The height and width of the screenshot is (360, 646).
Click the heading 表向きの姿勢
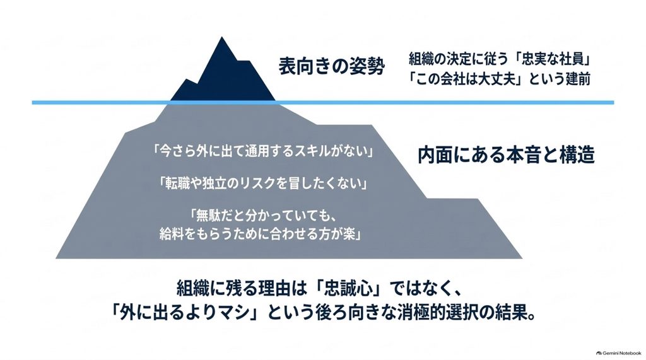pyautogui.click(x=332, y=66)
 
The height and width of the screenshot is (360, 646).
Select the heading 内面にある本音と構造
pyautogui.click(x=507, y=154)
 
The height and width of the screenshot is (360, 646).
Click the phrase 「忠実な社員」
pyautogui.click(x=554, y=59)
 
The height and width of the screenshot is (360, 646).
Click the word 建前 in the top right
pyautogui.click(x=578, y=78)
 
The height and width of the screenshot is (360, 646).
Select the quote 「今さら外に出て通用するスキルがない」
pyautogui.click(x=262, y=151)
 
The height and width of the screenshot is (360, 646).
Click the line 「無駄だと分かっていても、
pyautogui.click(x=263, y=216)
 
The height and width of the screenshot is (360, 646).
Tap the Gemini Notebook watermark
pyautogui.click(x=618, y=353)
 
